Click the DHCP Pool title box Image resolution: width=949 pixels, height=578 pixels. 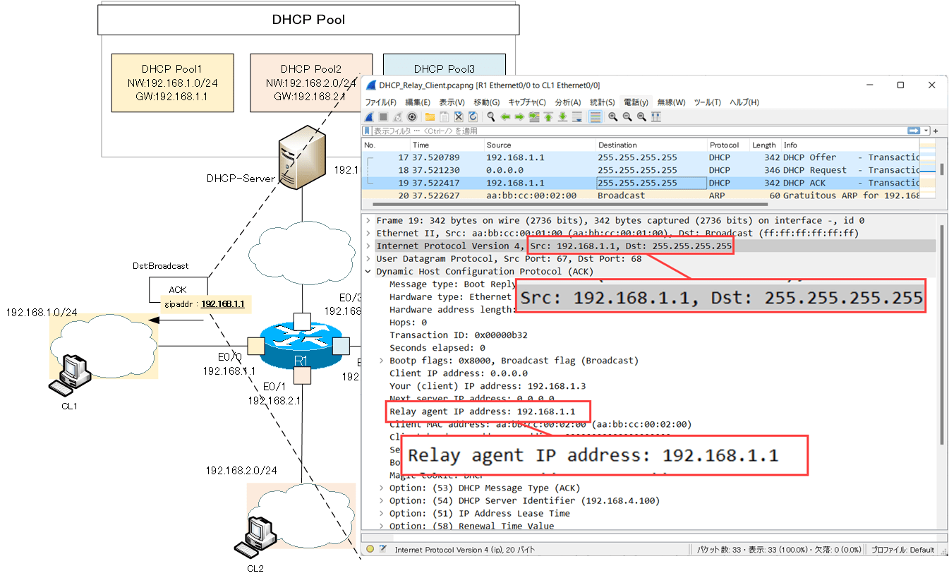(x=308, y=20)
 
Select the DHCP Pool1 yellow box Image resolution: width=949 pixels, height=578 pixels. (x=172, y=83)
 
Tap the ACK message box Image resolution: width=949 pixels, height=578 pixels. (x=177, y=289)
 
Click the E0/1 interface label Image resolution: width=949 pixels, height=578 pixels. (x=274, y=387)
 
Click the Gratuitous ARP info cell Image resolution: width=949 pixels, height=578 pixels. (x=850, y=195)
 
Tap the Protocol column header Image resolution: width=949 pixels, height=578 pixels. (x=725, y=145)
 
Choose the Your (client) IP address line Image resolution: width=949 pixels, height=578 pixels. (x=488, y=386)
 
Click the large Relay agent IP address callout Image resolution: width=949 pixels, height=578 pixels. (x=604, y=455)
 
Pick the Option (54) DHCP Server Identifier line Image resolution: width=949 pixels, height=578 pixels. (x=525, y=500)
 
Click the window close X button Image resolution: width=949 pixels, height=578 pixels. (x=932, y=85)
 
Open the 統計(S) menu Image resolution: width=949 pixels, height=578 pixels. (x=602, y=102)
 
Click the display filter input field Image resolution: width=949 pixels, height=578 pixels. (x=635, y=131)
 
